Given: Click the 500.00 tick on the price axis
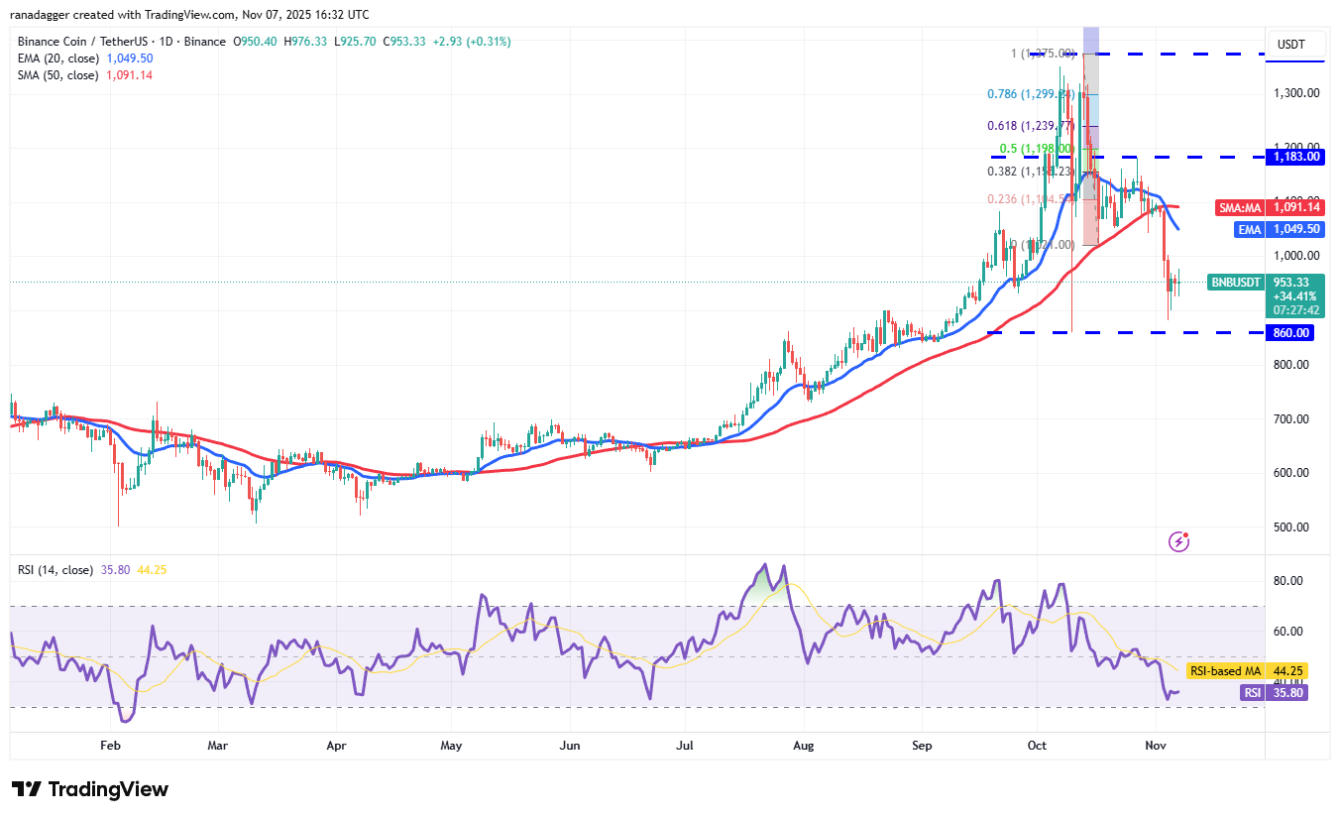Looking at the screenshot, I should (x=1295, y=527).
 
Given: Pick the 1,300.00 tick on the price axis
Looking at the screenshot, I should (x=1295, y=93).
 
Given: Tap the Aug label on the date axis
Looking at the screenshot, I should (x=804, y=745).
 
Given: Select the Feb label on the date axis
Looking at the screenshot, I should (x=110, y=745).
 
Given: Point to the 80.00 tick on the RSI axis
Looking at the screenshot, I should (x=1295, y=581).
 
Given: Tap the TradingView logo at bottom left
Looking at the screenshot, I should (x=90, y=789).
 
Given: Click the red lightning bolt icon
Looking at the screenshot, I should (x=1178, y=541).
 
